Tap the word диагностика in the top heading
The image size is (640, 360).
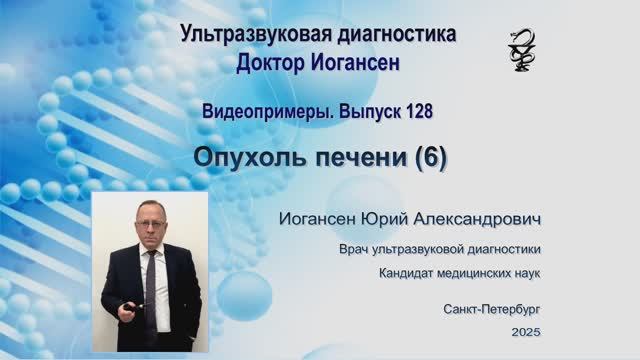397,34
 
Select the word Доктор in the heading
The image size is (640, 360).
271,63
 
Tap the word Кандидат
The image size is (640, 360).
408,273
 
